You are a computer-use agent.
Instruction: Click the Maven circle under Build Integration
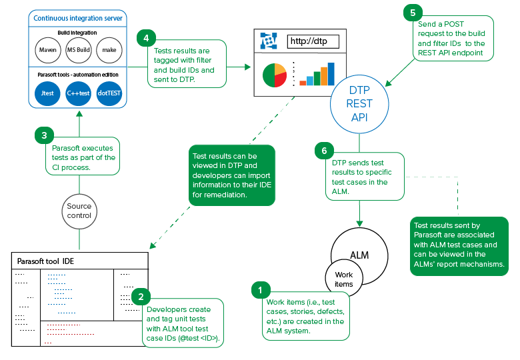48,50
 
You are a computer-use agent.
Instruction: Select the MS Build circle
79,50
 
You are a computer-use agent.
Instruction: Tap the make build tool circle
109,50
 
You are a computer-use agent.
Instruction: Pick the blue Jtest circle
47,93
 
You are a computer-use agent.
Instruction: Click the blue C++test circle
78,93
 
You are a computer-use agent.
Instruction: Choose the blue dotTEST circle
109,93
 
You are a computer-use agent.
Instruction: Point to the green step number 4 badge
146,38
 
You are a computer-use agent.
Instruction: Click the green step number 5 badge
413,13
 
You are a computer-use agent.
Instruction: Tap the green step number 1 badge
261,290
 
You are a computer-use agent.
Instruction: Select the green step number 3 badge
44,135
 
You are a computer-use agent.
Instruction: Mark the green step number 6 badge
325,151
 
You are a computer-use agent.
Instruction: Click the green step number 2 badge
141,297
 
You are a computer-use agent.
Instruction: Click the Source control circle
79,211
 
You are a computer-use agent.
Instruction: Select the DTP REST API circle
359,104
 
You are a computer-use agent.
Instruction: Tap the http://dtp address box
313,41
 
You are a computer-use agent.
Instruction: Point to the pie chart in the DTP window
275,75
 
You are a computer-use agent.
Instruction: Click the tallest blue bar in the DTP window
331,74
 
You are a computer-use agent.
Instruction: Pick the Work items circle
344,278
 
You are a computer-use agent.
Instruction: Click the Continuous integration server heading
78,18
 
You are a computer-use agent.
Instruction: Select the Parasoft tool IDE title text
45,261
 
